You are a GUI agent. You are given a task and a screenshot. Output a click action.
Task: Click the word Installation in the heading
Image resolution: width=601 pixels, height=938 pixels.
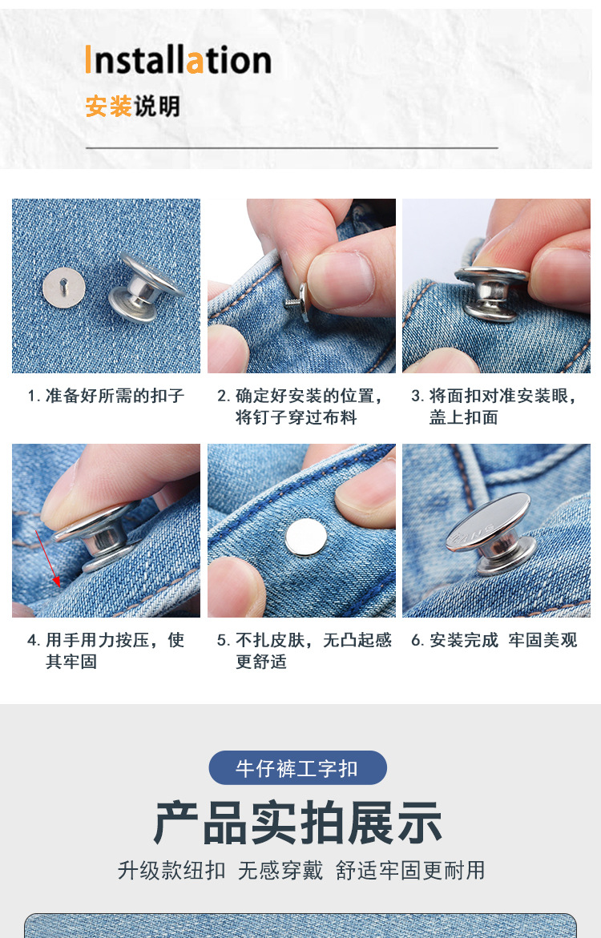178,60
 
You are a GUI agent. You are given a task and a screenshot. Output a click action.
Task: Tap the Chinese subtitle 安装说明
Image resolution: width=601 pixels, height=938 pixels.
132,106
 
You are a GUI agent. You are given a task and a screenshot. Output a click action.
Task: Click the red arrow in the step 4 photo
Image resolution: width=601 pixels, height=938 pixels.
46,558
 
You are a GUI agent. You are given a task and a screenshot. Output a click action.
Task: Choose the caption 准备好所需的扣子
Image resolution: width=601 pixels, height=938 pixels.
106,396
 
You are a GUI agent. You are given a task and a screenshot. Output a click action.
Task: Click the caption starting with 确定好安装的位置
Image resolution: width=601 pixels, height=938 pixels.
300,406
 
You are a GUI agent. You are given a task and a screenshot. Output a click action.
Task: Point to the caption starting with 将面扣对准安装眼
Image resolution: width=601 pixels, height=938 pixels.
494,406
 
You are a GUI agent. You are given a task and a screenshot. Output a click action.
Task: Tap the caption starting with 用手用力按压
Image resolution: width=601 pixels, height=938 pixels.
106,650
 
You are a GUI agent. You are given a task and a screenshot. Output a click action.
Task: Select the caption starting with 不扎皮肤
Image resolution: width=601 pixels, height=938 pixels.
305,650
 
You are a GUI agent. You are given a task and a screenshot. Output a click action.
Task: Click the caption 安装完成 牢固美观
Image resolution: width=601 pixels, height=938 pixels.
494,640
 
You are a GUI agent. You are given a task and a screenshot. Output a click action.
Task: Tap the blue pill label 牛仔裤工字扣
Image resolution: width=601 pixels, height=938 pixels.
297,768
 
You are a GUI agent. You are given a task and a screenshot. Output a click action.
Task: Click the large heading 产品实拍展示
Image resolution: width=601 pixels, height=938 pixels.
297,823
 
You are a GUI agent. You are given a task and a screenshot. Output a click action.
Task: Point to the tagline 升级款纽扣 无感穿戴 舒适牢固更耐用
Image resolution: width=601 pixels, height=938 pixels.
300,871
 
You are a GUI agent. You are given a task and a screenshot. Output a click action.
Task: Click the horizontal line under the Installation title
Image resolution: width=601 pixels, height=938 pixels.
292,148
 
